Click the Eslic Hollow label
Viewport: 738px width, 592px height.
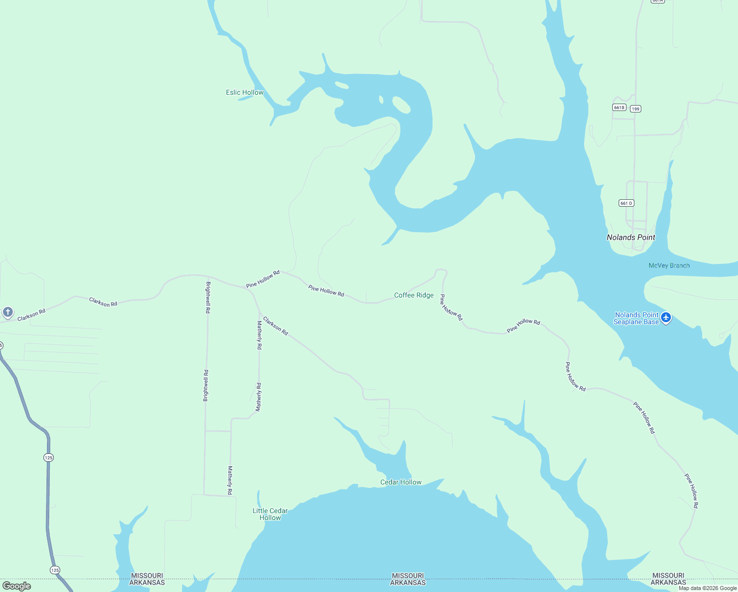pyautogui.click(x=245, y=92)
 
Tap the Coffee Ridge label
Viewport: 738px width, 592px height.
pyautogui.click(x=413, y=295)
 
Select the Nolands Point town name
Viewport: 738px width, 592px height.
pyautogui.click(x=630, y=237)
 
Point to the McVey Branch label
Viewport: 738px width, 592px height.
pyautogui.click(x=669, y=265)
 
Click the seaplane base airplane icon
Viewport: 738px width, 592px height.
pyautogui.click(x=666, y=317)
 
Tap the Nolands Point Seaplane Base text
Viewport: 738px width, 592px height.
pyautogui.click(x=636, y=318)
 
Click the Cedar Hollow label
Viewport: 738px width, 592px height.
pyautogui.click(x=401, y=482)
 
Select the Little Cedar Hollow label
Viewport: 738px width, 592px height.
pyautogui.click(x=270, y=514)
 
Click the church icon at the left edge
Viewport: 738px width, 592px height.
pyautogui.click(x=7, y=312)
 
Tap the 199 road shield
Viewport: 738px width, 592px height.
pyautogui.click(x=635, y=109)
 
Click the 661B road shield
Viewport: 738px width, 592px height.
pyautogui.click(x=619, y=107)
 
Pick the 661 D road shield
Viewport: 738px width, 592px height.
pyautogui.click(x=626, y=203)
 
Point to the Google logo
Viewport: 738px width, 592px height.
pyautogui.click(x=17, y=586)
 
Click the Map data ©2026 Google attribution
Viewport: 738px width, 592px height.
pyautogui.click(x=707, y=588)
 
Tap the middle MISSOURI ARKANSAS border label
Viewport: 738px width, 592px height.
pyautogui.click(x=407, y=579)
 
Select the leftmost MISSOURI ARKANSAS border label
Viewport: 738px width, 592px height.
pyautogui.click(x=147, y=579)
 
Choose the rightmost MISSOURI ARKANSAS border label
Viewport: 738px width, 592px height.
pyautogui.click(x=668, y=579)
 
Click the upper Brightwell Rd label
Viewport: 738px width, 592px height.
pyautogui.click(x=208, y=297)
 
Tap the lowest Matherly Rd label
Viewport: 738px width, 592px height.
pyautogui.click(x=230, y=480)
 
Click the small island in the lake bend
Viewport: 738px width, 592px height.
pyautogui.click(x=401, y=105)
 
